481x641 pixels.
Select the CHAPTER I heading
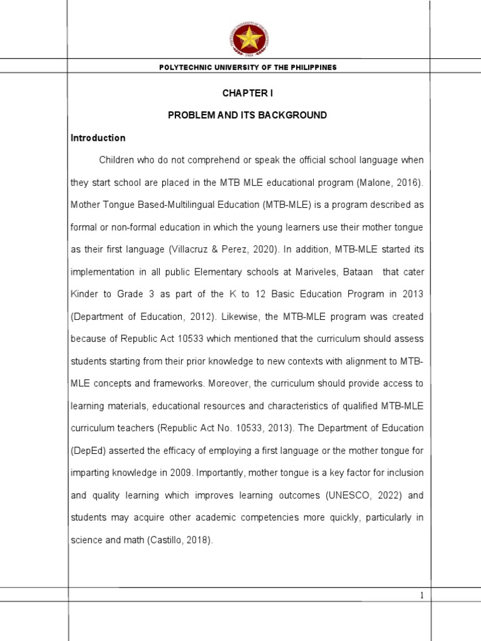248,93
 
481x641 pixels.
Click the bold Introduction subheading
98,138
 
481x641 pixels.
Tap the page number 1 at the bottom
422,596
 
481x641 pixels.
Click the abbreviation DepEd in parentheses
88,450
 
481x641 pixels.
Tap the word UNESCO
344,495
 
